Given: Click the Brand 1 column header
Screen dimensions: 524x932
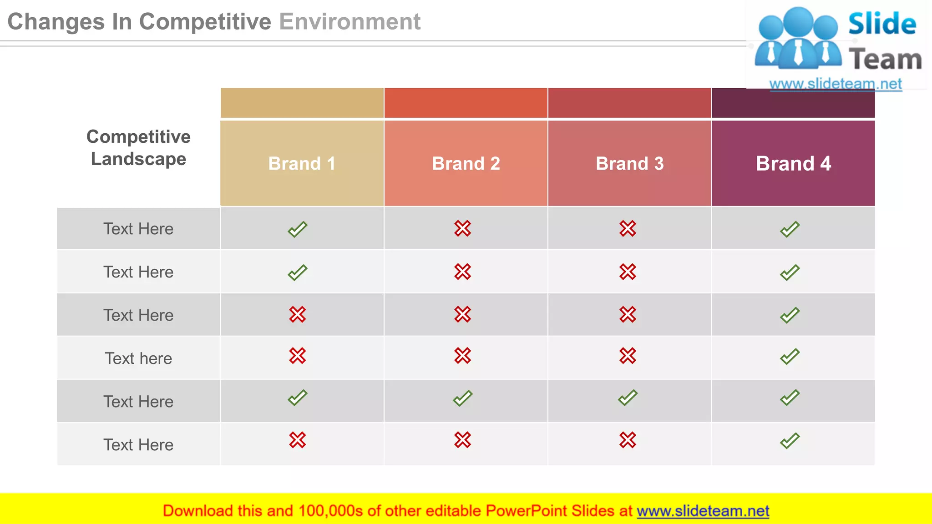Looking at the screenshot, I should [x=302, y=163].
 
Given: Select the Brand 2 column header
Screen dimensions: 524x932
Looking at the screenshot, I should [x=466, y=163].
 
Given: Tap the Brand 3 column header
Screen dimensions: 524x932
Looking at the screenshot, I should [x=629, y=163].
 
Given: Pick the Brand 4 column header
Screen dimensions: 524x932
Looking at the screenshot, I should [x=793, y=163].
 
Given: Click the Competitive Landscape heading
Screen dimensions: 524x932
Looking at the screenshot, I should [x=138, y=148].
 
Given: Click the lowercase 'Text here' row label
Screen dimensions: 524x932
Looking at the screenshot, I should [x=138, y=358].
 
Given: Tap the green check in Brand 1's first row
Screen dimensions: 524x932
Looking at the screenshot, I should [x=298, y=229].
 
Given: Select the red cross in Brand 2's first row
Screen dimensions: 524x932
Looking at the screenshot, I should [x=462, y=228].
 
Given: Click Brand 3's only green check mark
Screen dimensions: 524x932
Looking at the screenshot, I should [x=628, y=398].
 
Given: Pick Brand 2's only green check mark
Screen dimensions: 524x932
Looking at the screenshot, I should [x=462, y=398].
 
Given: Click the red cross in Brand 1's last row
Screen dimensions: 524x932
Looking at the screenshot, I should [x=298, y=440].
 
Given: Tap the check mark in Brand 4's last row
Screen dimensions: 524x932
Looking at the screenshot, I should [x=790, y=441].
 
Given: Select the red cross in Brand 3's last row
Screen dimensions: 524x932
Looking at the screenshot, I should [x=628, y=440].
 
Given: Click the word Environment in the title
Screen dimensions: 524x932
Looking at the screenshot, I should [x=349, y=22].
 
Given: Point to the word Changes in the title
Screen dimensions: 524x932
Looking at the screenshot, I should [x=56, y=22].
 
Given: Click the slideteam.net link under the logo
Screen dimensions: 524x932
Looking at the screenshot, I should [x=835, y=84].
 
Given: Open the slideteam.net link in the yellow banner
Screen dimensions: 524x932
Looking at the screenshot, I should [x=703, y=511].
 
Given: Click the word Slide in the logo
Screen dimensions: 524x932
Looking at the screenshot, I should [x=882, y=24].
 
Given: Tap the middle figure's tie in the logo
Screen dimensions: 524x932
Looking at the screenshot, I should [x=798, y=52].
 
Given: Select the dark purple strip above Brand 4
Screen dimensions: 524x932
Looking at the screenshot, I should [x=793, y=103].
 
